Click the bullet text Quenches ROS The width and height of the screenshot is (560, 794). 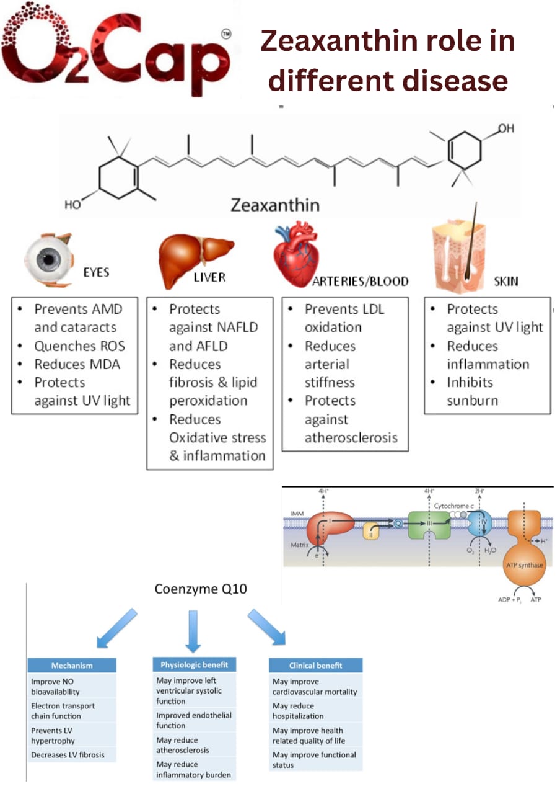click(x=79, y=346)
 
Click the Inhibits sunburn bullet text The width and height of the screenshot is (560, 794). click(x=472, y=391)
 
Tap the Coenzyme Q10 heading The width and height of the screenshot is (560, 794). click(x=201, y=589)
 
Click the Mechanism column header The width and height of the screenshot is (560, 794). click(x=72, y=666)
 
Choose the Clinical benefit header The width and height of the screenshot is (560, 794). click(x=315, y=666)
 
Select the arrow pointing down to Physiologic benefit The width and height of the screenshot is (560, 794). click(x=193, y=631)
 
